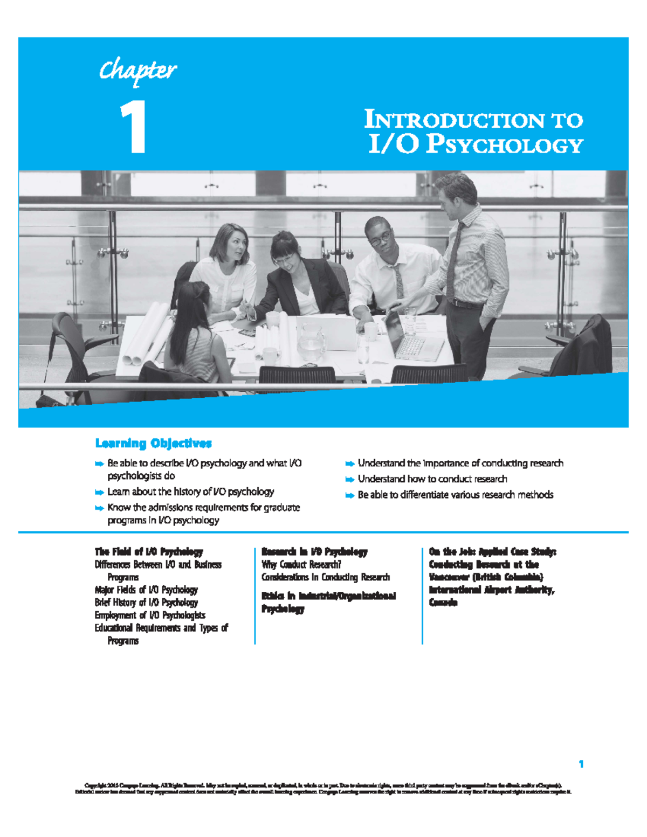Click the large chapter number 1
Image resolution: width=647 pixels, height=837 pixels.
click(133, 128)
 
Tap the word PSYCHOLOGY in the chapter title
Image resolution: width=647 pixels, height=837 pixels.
click(504, 145)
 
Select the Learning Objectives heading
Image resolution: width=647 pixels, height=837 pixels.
click(153, 444)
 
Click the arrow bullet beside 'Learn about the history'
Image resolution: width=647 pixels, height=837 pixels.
click(99, 492)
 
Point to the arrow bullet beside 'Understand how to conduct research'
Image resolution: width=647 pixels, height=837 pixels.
click(350, 479)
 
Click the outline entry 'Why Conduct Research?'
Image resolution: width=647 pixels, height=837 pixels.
click(301, 564)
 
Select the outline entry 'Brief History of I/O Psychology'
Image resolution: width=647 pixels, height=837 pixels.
click(146, 603)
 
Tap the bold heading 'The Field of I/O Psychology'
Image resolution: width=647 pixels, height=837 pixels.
click(149, 551)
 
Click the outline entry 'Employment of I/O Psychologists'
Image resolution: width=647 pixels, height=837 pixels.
click(150, 615)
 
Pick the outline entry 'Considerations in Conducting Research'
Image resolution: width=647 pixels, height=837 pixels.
click(326, 577)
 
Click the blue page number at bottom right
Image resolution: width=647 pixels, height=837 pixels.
click(581, 764)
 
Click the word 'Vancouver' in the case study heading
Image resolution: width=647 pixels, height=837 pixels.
click(448, 577)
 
